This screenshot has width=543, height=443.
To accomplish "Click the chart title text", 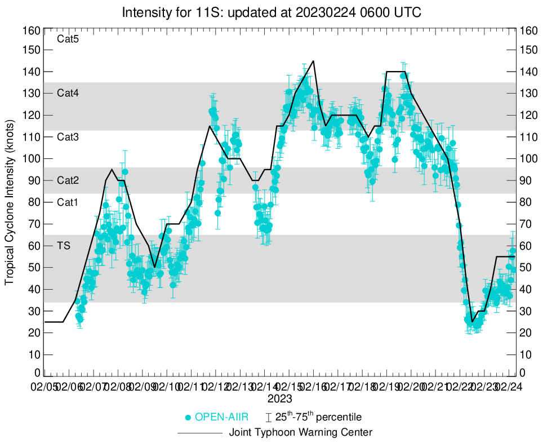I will tap(271, 12).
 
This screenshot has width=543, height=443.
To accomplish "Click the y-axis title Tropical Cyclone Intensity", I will tap(10, 201).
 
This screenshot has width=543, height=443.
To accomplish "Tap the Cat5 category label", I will tap(68, 39).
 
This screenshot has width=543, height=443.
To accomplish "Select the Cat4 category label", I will tap(68, 94).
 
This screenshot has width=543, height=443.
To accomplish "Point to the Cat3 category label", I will tap(68, 137).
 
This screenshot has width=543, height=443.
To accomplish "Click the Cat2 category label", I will tap(68, 180).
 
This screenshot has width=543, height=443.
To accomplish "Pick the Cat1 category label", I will tap(68, 202).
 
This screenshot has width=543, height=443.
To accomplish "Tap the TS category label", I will tap(64, 246).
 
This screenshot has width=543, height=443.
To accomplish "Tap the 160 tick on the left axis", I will tap(32, 30).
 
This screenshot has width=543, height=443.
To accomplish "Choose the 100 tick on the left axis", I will tap(32, 159).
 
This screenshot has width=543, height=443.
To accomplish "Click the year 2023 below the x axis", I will tap(279, 398).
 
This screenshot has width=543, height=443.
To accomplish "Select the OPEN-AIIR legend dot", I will tap(188, 418).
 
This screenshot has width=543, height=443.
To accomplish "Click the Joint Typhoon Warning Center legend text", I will tap(301, 433).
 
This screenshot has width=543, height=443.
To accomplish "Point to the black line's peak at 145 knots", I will tap(313, 61).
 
